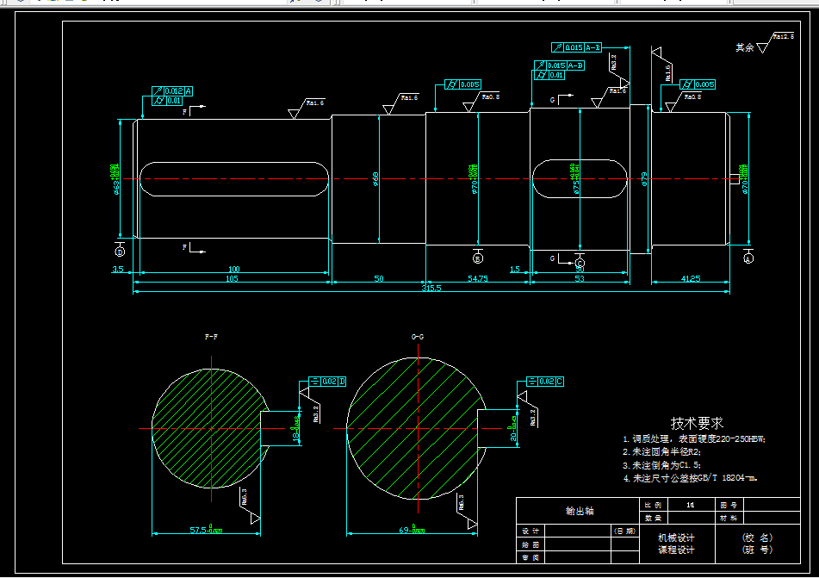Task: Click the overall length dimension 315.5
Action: pos(431,289)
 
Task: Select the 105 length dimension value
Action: pos(232,279)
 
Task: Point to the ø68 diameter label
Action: pos(375,179)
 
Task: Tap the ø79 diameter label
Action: pos(643,179)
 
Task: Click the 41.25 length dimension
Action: pos(691,279)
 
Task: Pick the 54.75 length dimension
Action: pos(477,279)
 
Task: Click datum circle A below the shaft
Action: pos(748,258)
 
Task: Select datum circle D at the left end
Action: pos(120,252)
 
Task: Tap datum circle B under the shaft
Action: pos(478,258)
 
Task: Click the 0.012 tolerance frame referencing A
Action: pos(172,90)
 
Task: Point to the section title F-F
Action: pos(211,337)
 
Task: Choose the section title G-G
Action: pos(418,337)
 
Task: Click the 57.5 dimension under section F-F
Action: pos(206,530)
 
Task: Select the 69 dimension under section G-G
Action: pos(413,530)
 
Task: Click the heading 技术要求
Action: pos(697,423)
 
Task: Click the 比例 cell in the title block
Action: pos(652,504)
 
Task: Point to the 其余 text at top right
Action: pos(744,47)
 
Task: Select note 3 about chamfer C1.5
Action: pos(661,464)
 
